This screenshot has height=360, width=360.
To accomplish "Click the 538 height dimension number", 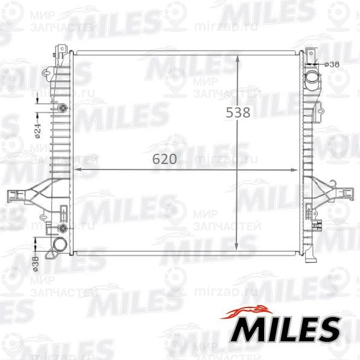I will pos(238,112).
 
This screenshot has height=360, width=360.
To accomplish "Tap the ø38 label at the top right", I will pos(332,63).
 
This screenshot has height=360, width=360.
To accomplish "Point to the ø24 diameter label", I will pos(37,130).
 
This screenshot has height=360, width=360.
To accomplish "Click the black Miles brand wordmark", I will pos(286,329).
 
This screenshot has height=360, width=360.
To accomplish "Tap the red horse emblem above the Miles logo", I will pos(247,311).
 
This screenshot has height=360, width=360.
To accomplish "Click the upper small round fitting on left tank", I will pos(63,109).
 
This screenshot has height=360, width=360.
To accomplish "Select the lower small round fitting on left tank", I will pos(63,229).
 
